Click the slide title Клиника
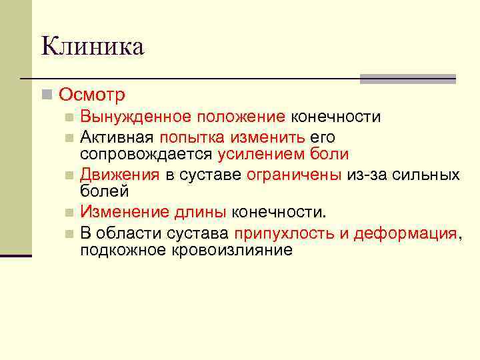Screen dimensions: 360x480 click(92, 47)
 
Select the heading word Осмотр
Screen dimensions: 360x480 click(91, 95)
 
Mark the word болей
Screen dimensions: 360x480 click(105, 191)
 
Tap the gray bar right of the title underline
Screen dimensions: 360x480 click(407, 79)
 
